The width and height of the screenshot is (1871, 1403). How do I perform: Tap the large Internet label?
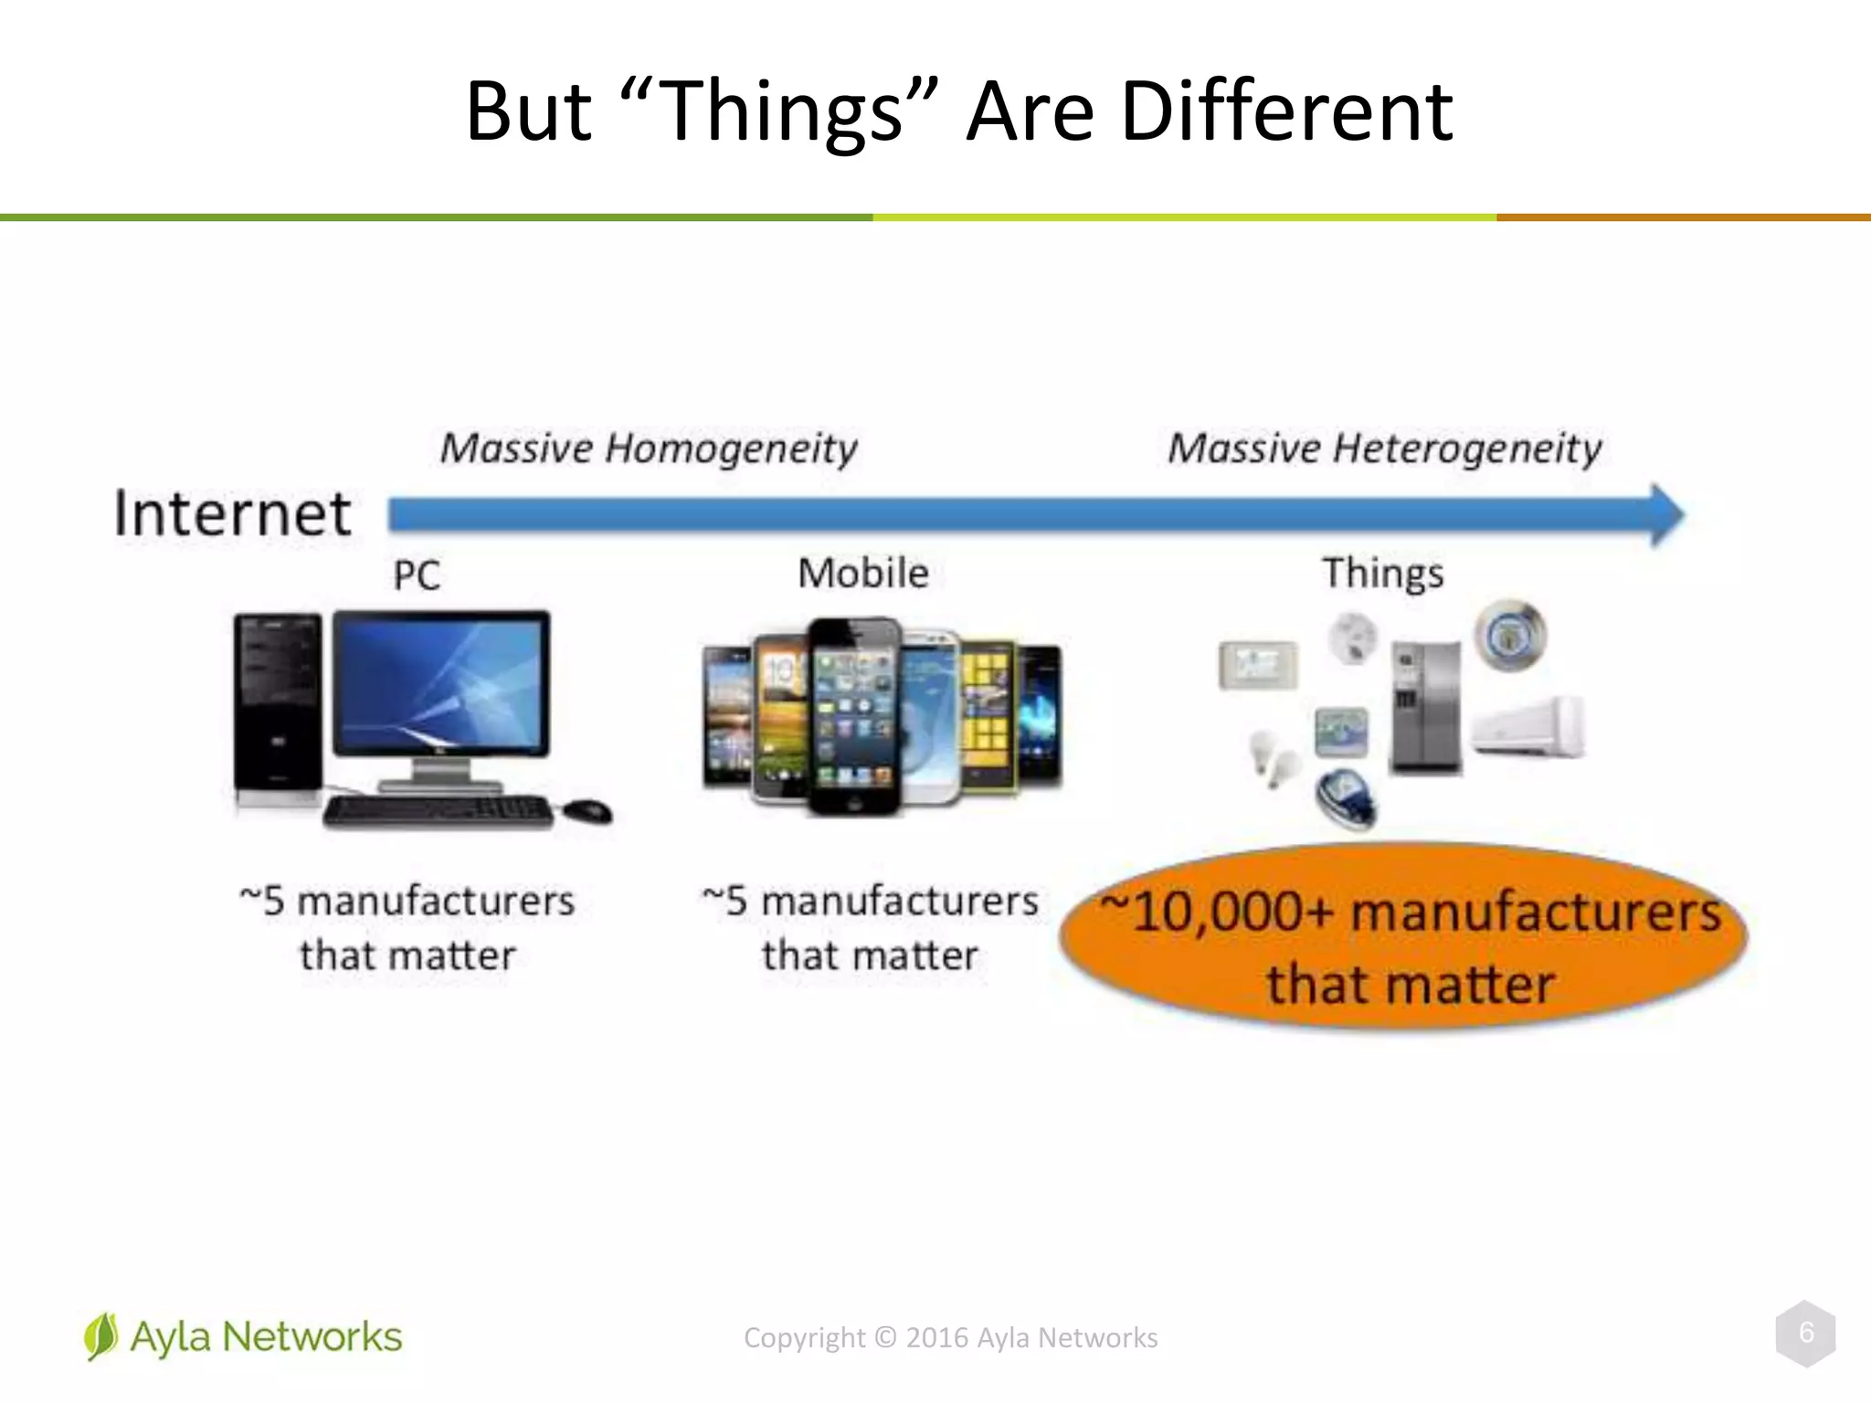coord(232,513)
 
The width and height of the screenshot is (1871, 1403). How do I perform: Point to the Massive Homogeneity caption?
coord(649,448)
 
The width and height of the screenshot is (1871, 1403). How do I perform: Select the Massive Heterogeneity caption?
coord(1384,448)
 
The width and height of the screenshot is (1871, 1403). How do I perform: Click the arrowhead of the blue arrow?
coord(1667,516)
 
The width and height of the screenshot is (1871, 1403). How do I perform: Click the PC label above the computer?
coord(417,575)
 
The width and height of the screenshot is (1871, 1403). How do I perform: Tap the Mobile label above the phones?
coord(863,574)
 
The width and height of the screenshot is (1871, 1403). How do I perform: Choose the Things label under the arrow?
coord(1383,574)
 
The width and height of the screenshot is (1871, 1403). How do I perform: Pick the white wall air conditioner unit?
coord(1527,727)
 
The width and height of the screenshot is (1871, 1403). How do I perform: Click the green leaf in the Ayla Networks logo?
coord(100,1336)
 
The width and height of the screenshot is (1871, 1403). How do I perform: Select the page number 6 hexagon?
coord(1805,1334)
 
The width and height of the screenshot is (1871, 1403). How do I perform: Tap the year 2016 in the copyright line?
coord(936,1338)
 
